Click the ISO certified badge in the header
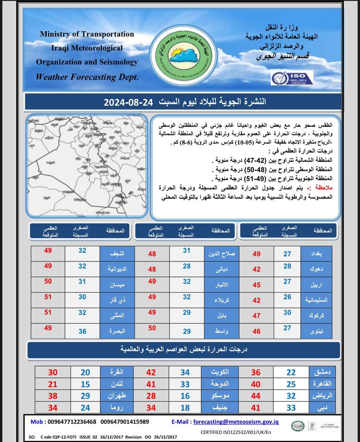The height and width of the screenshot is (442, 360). pyautogui.click(x=292, y=78)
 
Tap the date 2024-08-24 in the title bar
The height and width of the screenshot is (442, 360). pyautogui.click(x=128, y=102)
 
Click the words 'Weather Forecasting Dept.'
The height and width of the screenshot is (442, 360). pyautogui.click(x=87, y=77)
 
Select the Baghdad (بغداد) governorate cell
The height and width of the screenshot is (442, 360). pyautogui.click(x=316, y=253)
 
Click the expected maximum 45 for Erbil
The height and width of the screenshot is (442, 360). pyautogui.click(x=256, y=285)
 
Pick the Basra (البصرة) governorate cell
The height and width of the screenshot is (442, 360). pyautogui.click(x=117, y=331)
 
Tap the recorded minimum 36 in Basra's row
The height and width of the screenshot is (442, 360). pyautogui.click(x=82, y=331)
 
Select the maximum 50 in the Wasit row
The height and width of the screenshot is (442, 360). pyautogui.click(x=152, y=328)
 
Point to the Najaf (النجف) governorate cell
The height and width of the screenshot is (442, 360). pyautogui.click(x=117, y=253)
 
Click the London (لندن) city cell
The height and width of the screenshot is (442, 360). pyautogui.click(x=117, y=384)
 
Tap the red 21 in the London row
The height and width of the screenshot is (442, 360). pyautogui.click(x=53, y=384)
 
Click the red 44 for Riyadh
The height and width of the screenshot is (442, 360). pyautogui.click(x=256, y=396)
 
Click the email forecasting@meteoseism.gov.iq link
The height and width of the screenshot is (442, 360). pyautogui.click(x=236, y=422)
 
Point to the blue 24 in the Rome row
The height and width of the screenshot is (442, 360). pyautogui.click(x=85, y=408)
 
